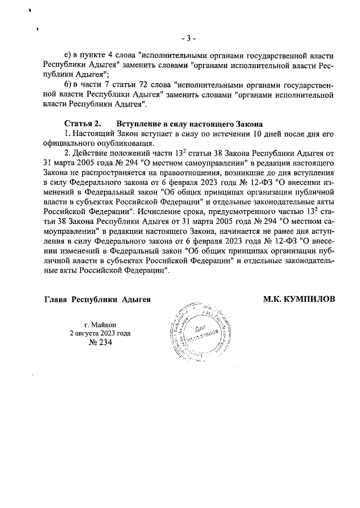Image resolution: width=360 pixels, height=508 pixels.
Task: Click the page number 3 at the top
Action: tap(188, 38)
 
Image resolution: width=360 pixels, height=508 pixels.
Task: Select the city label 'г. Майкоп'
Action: tap(100, 324)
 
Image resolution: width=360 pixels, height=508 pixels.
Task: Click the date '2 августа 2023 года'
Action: tap(100, 333)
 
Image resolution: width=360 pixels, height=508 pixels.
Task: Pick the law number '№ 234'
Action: tap(100, 343)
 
